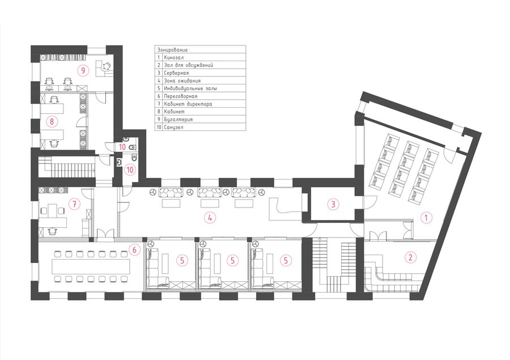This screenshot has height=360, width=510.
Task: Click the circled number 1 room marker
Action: (x=426, y=218)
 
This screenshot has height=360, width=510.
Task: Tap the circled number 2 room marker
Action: (x=410, y=257)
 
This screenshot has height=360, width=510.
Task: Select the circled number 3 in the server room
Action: (x=333, y=205)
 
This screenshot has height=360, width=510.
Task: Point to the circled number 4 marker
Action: (x=210, y=218)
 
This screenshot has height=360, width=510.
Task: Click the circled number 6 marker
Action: (x=134, y=250)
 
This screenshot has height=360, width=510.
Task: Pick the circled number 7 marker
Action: (x=74, y=204)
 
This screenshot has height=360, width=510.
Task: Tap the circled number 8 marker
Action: (x=52, y=122)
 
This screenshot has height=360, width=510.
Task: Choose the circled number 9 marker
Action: (x=83, y=70)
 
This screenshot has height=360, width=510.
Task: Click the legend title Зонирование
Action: (x=172, y=50)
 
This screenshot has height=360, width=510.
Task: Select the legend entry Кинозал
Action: (x=174, y=57)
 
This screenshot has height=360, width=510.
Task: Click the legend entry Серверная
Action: (x=176, y=73)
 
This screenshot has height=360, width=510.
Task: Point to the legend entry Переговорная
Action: (x=181, y=96)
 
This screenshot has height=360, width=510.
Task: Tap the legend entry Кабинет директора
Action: (x=188, y=104)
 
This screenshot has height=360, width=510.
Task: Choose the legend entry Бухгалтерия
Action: (x=178, y=120)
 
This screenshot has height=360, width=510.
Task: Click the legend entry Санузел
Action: (x=174, y=127)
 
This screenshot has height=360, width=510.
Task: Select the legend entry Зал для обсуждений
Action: (x=189, y=65)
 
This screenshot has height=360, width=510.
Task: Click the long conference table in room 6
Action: (x=91, y=266)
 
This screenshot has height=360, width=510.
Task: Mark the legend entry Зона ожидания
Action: (x=182, y=81)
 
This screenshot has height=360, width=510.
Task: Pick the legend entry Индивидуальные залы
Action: (x=190, y=88)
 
